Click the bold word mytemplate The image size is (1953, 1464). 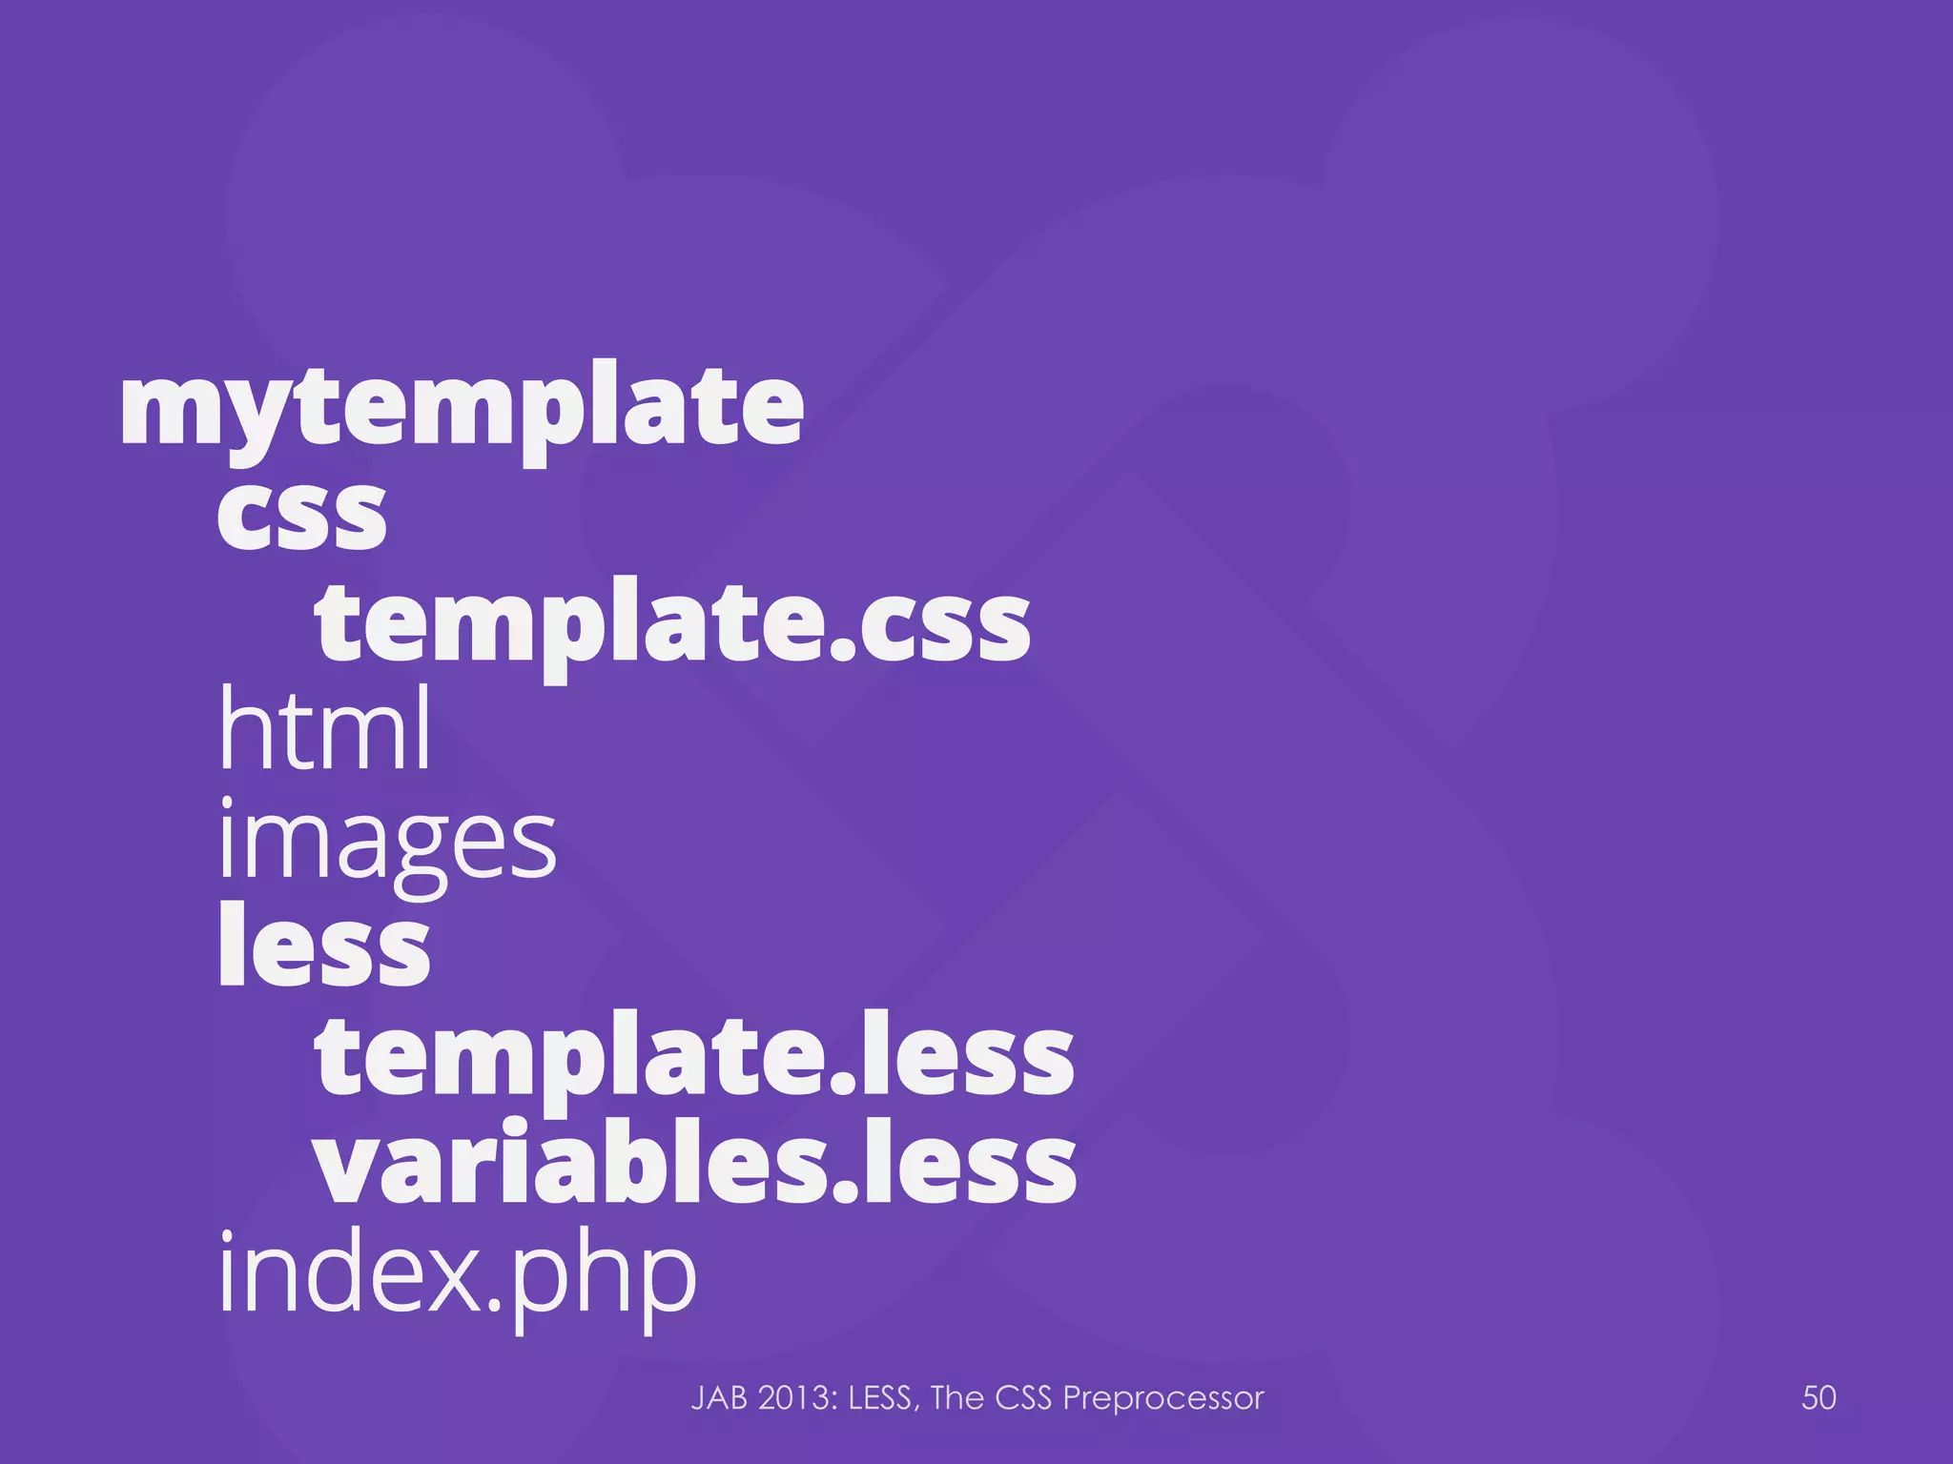(462, 410)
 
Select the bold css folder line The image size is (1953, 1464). (301, 515)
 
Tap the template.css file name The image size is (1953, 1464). (672, 624)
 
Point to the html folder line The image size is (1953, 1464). (325, 729)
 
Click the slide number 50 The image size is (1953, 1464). (1819, 1397)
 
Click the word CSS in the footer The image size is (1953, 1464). (1024, 1398)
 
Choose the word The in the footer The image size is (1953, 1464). (957, 1398)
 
